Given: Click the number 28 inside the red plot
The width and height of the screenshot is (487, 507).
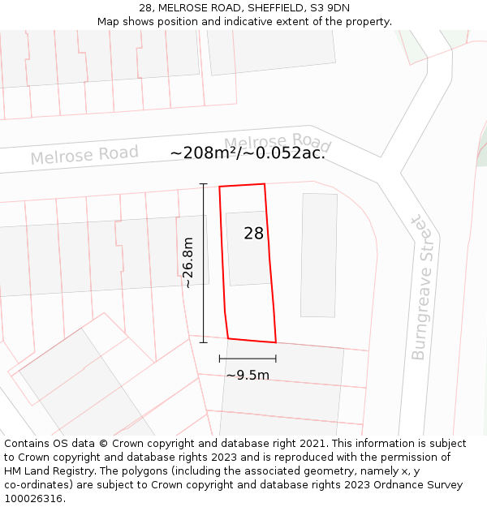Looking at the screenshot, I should tap(253, 234).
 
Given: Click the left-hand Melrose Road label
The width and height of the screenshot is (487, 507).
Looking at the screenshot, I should tap(84, 154).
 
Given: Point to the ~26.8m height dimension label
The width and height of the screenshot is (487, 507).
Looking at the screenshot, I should tap(188, 263).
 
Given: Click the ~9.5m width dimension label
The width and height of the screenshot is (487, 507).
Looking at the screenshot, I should tap(248, 375).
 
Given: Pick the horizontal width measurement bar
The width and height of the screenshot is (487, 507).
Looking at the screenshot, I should tap(248, 358).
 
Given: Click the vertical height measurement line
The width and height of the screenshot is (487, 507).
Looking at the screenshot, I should tap(203, 263).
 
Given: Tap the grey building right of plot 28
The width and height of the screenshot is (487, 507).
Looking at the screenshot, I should tap(318, 255).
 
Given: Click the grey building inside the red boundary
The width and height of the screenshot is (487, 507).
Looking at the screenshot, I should tap(248, 248).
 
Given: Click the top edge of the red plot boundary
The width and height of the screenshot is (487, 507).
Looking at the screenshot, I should tap(242, 186).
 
